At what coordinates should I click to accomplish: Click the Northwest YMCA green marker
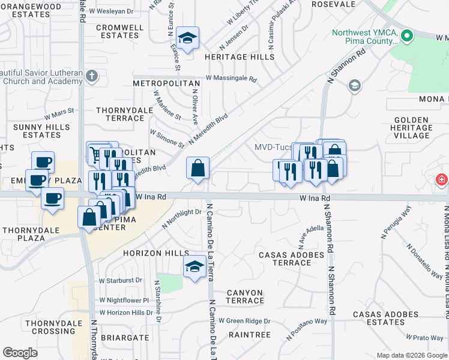408,36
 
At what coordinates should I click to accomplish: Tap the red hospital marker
442,180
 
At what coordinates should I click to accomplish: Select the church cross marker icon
91,76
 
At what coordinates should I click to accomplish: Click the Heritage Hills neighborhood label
239,57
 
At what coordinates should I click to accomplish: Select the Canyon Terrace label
244,296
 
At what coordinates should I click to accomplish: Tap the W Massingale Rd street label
231,79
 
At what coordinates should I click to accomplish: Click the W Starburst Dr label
121,280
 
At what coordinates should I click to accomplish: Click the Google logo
20,353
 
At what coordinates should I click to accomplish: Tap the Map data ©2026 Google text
411,355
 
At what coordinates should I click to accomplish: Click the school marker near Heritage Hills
188,39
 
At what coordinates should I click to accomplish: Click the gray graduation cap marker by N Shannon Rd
354,86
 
